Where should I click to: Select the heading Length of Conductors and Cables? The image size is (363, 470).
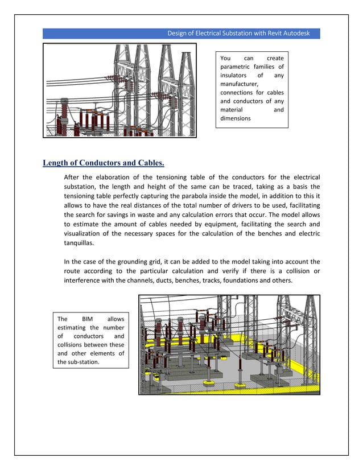click(x=104, y=164)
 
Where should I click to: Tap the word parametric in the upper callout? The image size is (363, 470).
click(x=237, y=67)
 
